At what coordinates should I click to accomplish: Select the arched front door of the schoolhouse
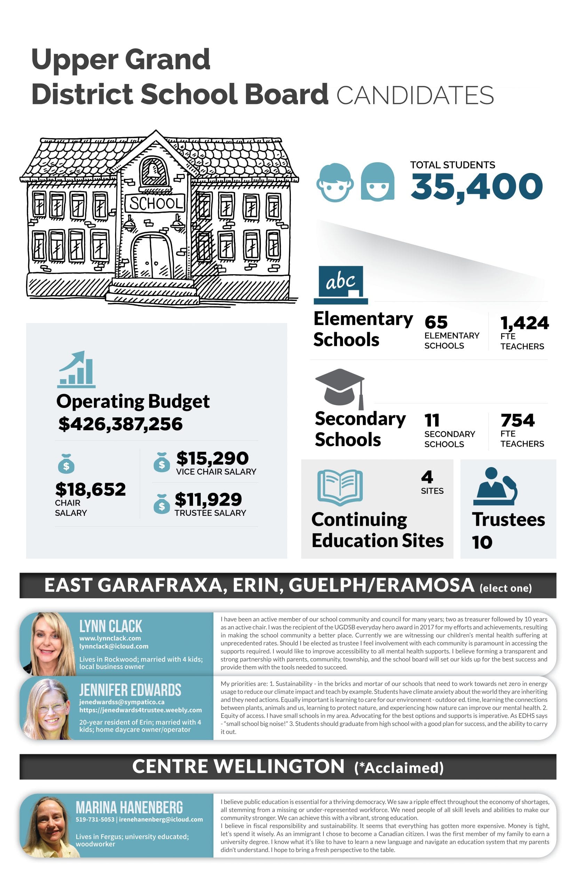(152, 256)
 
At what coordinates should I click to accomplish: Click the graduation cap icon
(340, 387)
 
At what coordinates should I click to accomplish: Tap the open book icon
(340, 487)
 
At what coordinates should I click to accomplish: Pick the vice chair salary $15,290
(213, 458)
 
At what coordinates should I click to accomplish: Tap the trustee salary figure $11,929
(208, 499)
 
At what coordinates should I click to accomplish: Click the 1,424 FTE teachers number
(525, 323)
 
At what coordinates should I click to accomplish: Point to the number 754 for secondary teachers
(518, 420)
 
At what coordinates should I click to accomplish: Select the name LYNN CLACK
(111, 626)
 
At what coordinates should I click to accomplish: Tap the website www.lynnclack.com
(110, 638)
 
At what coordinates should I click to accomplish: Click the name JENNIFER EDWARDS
(130, 690)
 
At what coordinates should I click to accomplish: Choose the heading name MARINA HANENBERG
(129, 807)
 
